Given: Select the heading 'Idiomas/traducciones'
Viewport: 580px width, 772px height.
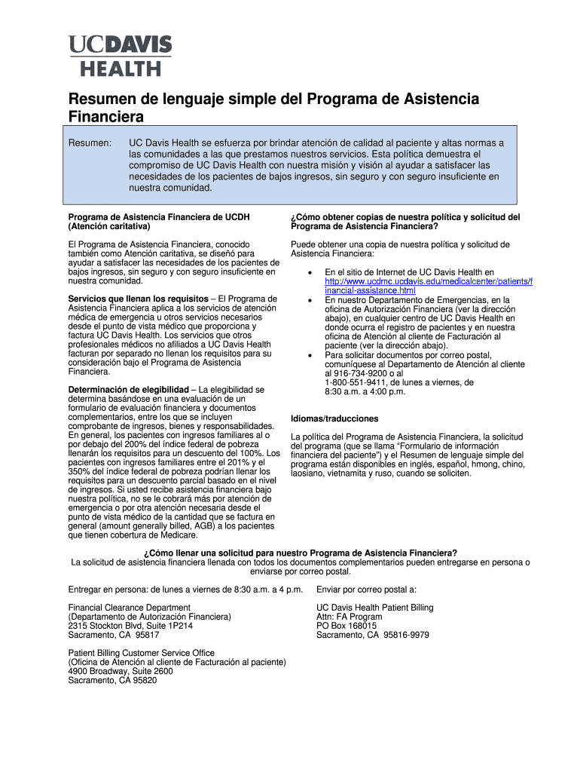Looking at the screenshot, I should pos(334,418).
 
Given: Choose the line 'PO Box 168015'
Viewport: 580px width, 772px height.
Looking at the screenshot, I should pos(346,626).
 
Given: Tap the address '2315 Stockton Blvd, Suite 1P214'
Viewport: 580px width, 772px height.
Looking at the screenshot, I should pos(130,626).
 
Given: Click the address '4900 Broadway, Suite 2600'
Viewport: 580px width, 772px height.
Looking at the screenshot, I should pos(121,671).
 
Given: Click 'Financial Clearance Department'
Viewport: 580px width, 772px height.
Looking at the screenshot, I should pos(129,608).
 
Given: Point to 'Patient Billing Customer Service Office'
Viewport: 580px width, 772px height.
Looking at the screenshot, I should pos(141,653).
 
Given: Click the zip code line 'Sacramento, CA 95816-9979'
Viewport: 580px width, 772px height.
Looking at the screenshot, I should pos(372,635).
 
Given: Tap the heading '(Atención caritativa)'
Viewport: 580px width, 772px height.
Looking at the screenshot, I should pos(108,226).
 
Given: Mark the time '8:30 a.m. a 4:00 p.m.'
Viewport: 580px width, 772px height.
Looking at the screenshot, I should pos(365,391).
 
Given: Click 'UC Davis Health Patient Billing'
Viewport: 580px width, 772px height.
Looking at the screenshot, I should pos(374,608).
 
